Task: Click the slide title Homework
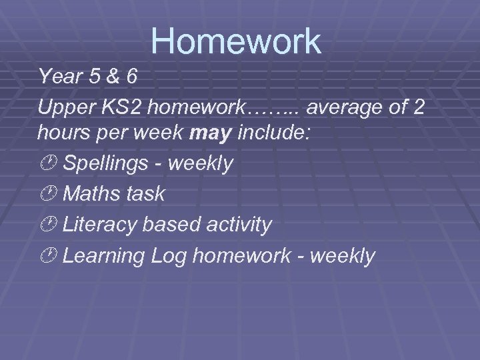pyautogui.click(x=236, y=41)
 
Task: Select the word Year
pyautogui.click(x=59, y=76)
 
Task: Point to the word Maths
pyautogui.click(x=89, y=194)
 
